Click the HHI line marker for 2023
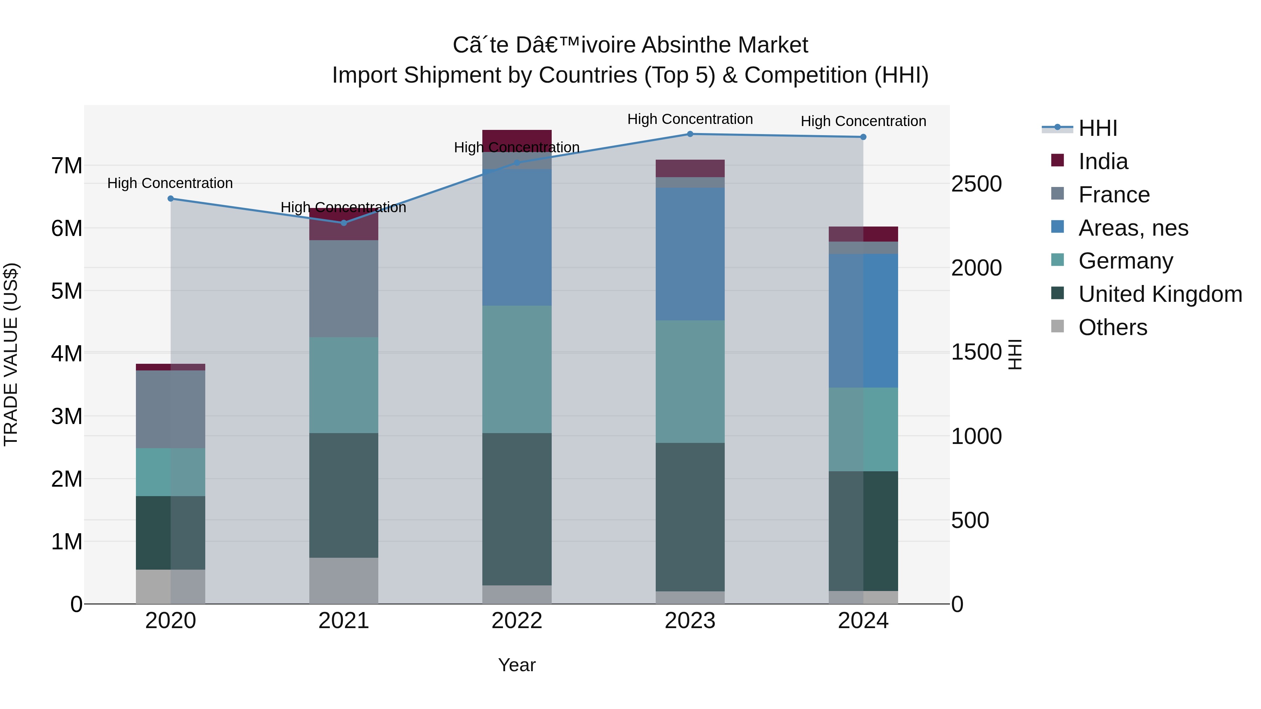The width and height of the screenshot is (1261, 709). (x=690, y=134)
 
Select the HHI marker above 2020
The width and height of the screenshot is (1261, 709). (x=170, y=199)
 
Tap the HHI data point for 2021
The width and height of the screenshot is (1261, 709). (x=344, y=223)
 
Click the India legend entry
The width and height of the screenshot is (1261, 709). (x=1103, y=161)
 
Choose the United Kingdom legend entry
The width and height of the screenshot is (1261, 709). (x=1160, y=294)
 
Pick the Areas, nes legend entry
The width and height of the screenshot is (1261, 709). (x=1133, y=228)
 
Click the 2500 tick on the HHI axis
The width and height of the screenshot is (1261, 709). (x=976, y=185)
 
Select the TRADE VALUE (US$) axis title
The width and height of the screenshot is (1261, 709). (x=11, y=354)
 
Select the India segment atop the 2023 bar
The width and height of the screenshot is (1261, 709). (x=690, y=168)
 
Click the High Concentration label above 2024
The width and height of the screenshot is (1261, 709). (x=863, y=121)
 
